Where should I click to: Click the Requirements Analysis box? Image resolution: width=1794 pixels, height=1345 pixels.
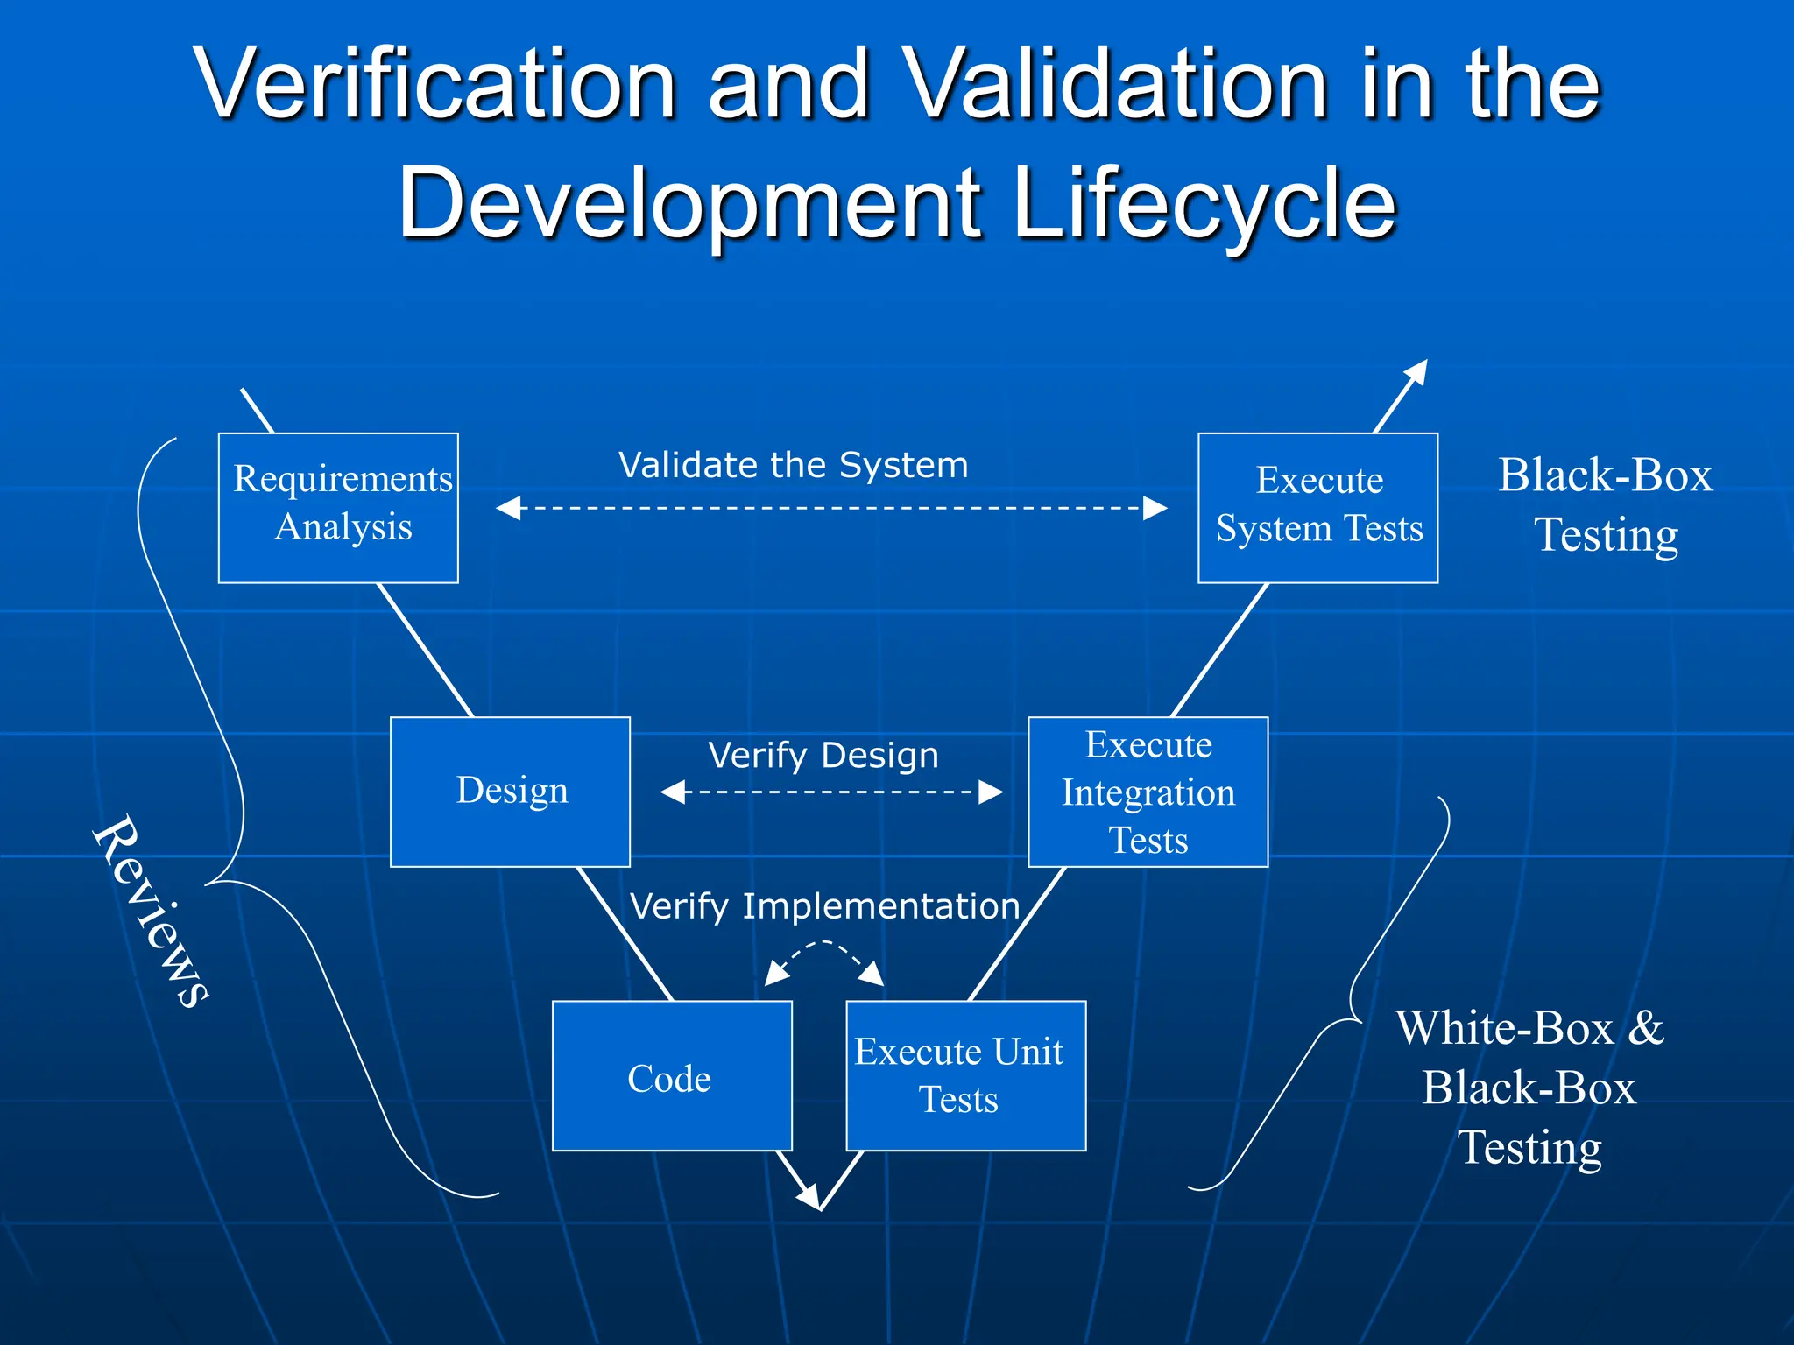[338, 507]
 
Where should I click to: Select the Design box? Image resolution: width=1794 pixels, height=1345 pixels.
[510, 792]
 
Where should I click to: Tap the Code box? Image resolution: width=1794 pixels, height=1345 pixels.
[672, 1075]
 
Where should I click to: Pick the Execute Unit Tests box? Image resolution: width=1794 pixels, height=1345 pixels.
[965, 1075]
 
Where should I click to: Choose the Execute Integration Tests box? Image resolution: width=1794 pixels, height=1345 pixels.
[1148, 792]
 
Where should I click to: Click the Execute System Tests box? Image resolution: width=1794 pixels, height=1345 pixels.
[1317, 507]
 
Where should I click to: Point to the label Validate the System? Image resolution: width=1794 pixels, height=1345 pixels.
[793, 465]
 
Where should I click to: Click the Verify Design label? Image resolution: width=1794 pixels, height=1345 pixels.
[823, 755]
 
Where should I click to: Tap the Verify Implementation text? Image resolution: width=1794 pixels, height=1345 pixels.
[824, 906]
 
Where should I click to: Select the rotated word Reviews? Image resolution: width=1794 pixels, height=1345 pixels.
[151, 911]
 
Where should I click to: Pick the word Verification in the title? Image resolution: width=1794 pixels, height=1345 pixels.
[435, 85]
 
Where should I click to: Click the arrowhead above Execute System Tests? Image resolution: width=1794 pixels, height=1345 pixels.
[1417, 371]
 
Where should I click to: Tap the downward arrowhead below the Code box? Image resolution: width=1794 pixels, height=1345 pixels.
[810, 1197]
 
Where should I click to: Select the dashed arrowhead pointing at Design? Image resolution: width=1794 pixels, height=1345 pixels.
[673, 792]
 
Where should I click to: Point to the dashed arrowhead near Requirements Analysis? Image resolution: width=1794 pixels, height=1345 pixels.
[508, 508]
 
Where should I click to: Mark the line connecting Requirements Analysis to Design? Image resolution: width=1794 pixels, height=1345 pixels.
[424, 650]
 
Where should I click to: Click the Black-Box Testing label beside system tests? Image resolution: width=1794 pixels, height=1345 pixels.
[1605, 505]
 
